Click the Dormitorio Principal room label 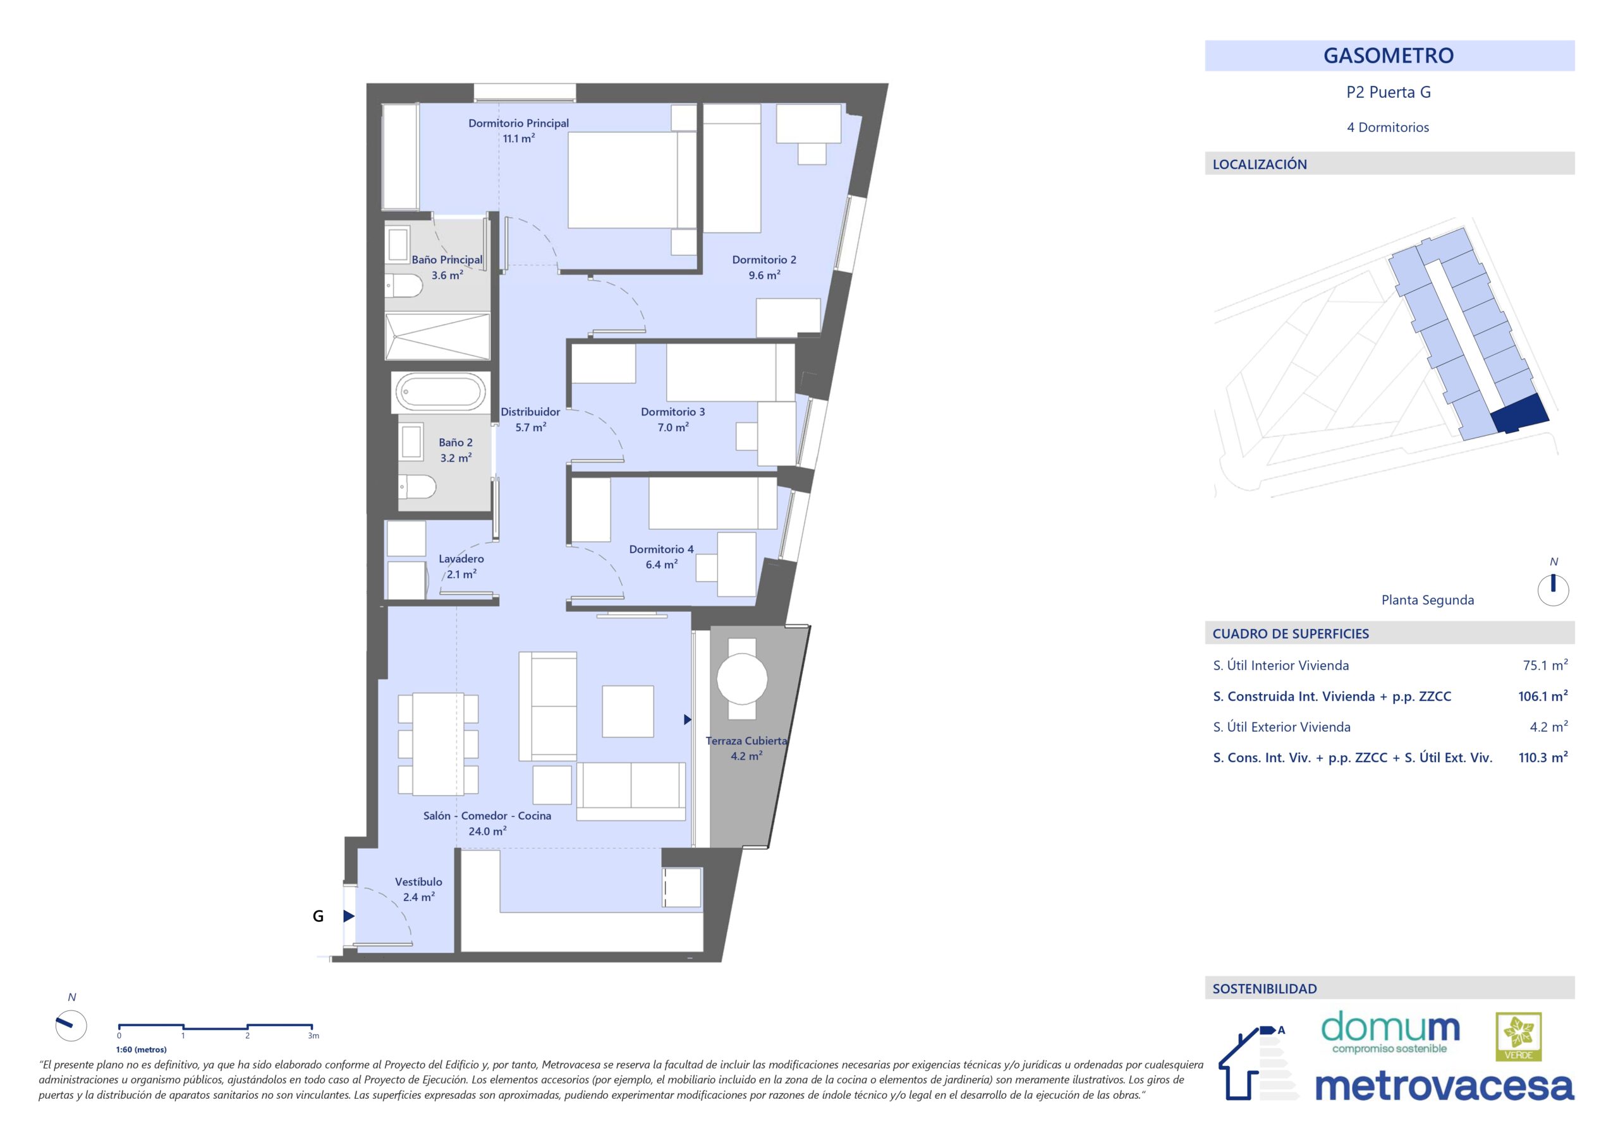click(518, 123)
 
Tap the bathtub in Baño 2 click(441, 392)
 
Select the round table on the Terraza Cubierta click(742, 679)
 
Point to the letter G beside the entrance click(318, 916)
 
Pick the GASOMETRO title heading click(1389, 56)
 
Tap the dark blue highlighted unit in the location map click(1520, 414)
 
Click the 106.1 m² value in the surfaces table click(1543, 696)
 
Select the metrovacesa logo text click(1444, 1087)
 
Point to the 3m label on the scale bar click(313, 1036)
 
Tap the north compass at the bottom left click(70, 1025)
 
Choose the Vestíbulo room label click(418, 882)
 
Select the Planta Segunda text click(1427, 600)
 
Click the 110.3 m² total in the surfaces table click(1543, 757)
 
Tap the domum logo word click(1390, 1027)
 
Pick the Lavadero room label click(461, 559)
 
